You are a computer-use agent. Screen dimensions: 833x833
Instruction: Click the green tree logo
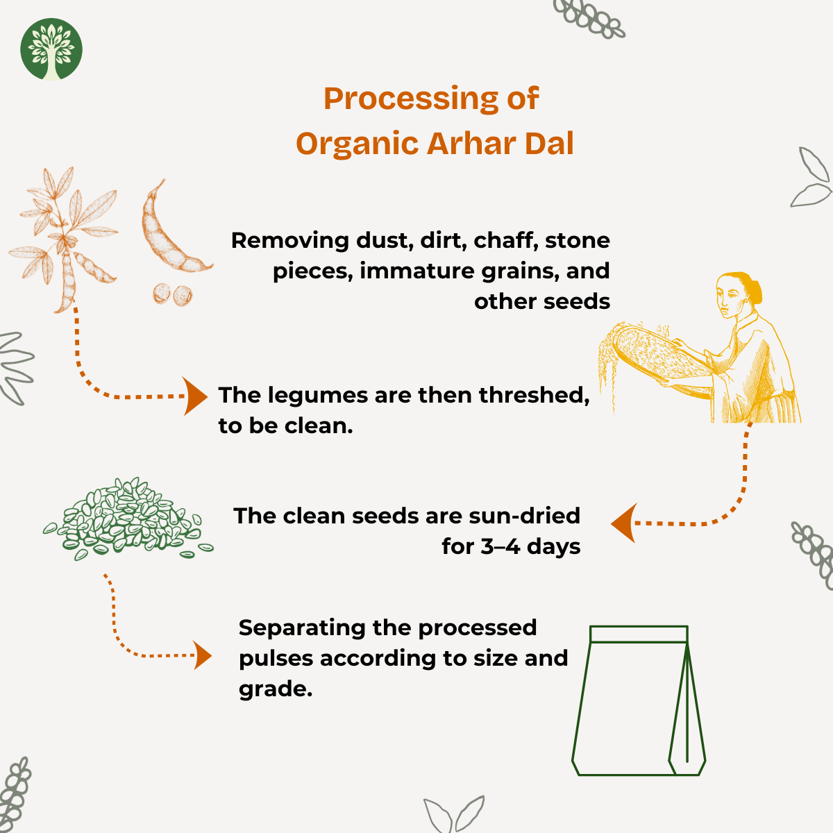pos(51,49)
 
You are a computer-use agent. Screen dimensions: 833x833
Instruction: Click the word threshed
pos(534,395)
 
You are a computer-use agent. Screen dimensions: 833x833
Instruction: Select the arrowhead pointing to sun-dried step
pos(623,523)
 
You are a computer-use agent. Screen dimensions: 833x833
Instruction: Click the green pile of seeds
pos(128,519)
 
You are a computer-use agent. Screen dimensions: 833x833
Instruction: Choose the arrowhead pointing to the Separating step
pos(202,655)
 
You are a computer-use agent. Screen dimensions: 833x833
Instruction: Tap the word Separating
pos(302,628)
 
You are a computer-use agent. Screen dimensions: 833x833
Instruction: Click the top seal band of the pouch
pos(639,634)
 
